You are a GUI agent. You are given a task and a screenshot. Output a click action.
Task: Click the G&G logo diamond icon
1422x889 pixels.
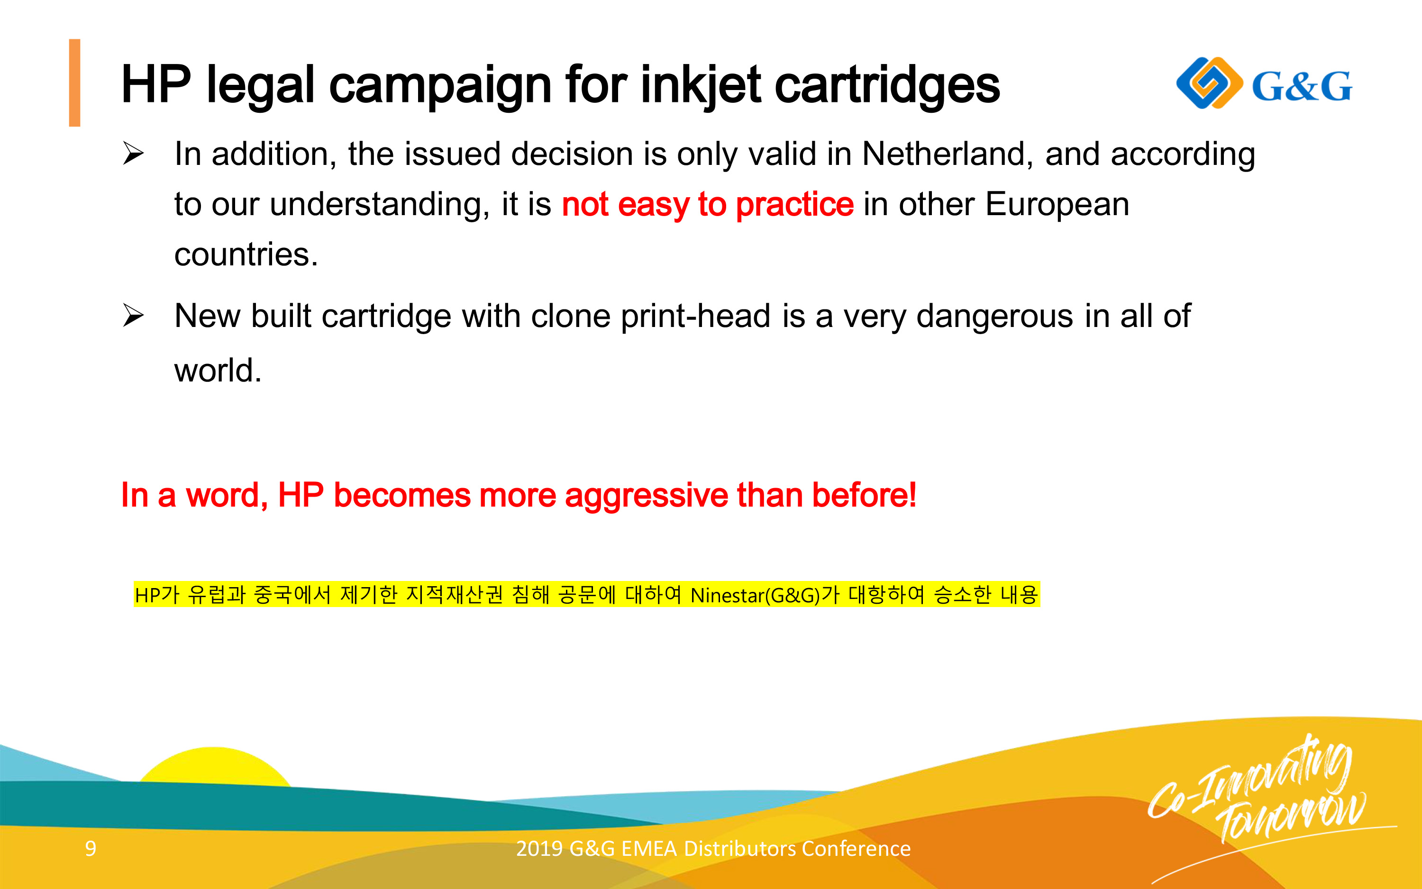1210,83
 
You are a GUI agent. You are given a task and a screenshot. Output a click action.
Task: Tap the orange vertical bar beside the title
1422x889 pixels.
75,83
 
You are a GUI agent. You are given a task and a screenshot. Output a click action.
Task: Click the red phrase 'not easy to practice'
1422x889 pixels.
708,205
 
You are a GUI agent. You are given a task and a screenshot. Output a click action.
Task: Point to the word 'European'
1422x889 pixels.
1057,204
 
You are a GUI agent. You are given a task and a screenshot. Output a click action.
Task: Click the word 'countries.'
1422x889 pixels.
246,254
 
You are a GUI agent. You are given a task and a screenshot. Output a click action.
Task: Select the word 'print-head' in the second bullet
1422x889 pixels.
696,317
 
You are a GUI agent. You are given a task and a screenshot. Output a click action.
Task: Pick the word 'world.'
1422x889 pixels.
218,371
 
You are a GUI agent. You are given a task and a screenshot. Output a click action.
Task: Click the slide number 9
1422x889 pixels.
91,848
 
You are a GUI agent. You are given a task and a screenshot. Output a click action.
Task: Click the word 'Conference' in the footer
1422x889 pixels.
856,848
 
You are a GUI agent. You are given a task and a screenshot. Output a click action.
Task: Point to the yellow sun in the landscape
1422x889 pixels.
215,765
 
